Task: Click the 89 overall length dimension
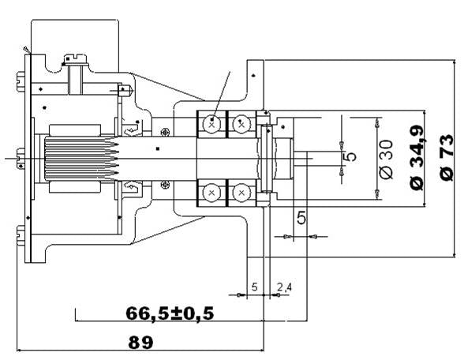pyautogui.click(x=140, y=343)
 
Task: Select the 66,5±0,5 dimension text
pyautogui.click(x=170, y=313)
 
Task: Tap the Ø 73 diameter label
pyautogui.click(x=447, y=158)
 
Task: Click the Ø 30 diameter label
pyautogui.click(x=387, y=159)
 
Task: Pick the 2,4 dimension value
pyautogui.click(x=284, y=287)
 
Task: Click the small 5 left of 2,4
pyautogui.click(x=254, y=287)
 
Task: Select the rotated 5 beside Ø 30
pyautogui.click(x=351, y=156)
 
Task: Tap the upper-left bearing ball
pyautogui.click(x=211, y=124)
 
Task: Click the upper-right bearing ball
pyautogui.click(x=241, y=124)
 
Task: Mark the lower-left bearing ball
pyautogui.click(x=211, y=193)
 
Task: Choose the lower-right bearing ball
pyautogui.click(x=241, y=193)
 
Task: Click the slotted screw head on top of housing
pyautogui.click(x=76, y=60)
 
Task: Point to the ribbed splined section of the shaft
pyautogui.click(x=79, y=159)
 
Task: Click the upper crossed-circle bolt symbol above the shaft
pyautogui.click(x=165, y=132)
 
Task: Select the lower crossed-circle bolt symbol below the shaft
pyautogui.click(x=165, y=186)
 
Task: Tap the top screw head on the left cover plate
pyautogui.click(x=21, y=81)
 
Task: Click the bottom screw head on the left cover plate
pyautogui.click(x=21, y=235)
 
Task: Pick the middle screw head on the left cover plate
pyautogui.click(x=21, y=159)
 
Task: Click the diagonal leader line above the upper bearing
pyautogui.click(x=221, y=96)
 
